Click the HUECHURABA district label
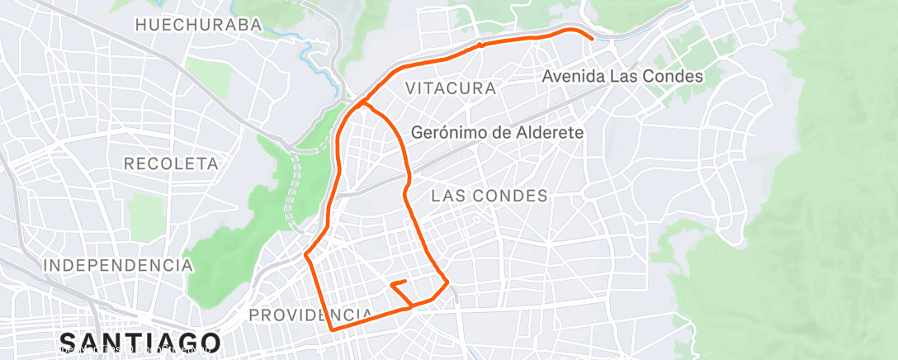click(198, 25)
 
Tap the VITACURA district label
click(451, 88)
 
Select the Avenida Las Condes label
click(622, 77)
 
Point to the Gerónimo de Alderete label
click(497, 132)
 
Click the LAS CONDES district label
click(489, 196)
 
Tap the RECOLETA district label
click(171, 163)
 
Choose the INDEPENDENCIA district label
click(118, 265)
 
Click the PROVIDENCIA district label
click(311, 315)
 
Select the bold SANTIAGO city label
click(140, 343)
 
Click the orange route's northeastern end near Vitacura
click(592, 38)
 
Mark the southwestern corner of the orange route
click(332, 329)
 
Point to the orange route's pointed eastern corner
click(448, 284)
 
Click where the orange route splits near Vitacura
click(363, 103)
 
